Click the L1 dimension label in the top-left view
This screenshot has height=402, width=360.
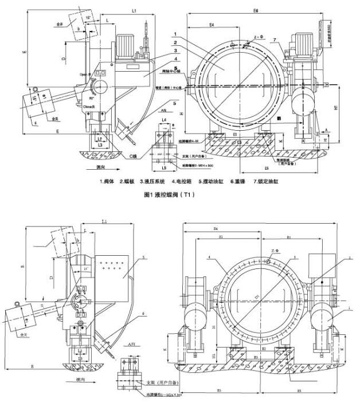coord(133,11)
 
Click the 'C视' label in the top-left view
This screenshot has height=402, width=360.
coord(134,155)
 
